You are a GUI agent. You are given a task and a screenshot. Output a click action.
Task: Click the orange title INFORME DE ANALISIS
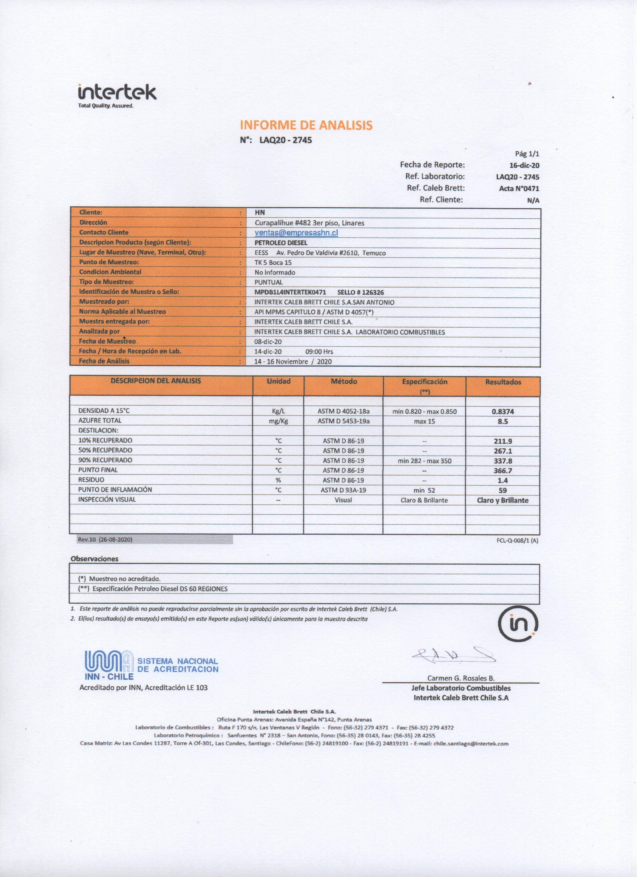pyautogui.click(x=306, y=125)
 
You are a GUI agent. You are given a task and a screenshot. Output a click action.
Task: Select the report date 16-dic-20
pyautogui.click(x=524, y=165)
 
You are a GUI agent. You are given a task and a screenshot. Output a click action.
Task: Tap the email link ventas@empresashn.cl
pyautogui.click(x=297, y=233)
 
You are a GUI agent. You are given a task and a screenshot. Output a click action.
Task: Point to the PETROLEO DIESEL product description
pyautogui.click(x=281, y=243)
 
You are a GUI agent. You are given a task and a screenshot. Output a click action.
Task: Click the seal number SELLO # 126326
pyautogui.click(x=361, y=292)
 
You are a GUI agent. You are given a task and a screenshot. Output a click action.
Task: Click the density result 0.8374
pyautogui.click(x=503, y=412)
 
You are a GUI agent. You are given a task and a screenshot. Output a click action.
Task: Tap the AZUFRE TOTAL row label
pyautogui.click(x=100, y=421)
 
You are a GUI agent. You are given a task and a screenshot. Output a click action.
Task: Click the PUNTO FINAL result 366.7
pyautogui.click(x=503, y=470)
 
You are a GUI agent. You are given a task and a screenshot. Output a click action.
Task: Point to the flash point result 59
pyautogui.click(x=503, y=490)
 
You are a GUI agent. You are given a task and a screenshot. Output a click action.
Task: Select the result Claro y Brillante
pyautogui.click(x=503, y=500)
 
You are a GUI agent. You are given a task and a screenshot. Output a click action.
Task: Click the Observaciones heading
pyautogui.click(x=94, y=559)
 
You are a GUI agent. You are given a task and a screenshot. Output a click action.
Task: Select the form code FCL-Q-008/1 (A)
pyautogui.click(x=517, y=541)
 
